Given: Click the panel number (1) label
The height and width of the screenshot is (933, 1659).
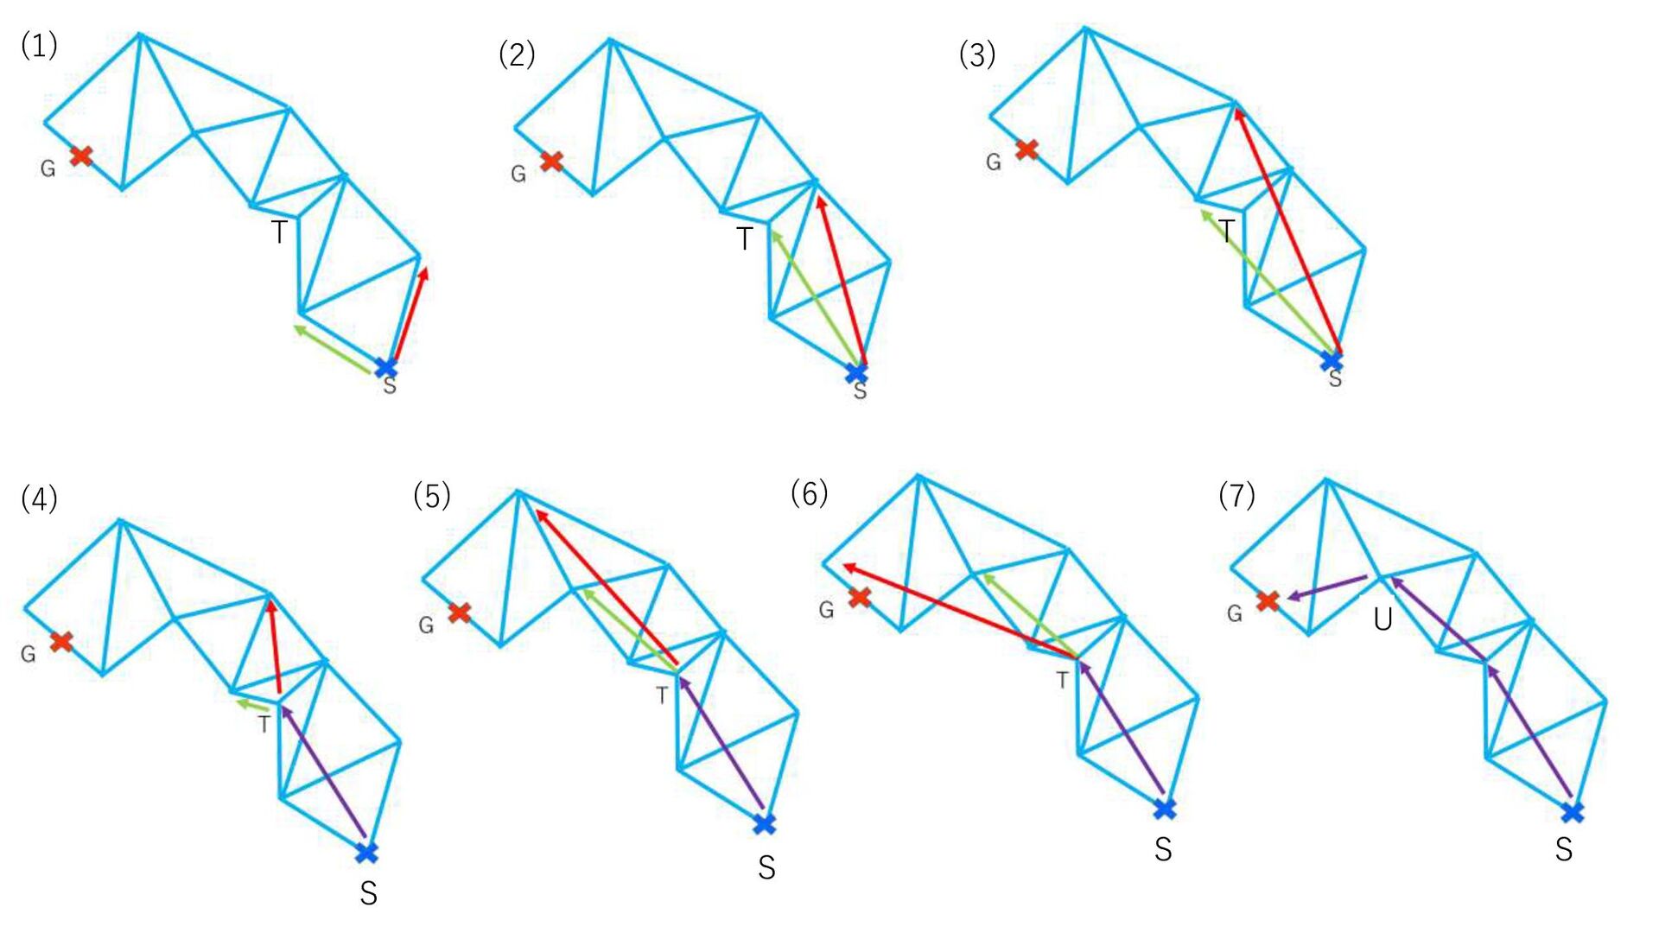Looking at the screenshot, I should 39,45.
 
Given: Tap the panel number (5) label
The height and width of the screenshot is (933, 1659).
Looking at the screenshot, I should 432,496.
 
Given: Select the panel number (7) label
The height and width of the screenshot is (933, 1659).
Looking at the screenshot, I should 1236,496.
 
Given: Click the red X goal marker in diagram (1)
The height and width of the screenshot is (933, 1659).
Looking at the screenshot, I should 81,156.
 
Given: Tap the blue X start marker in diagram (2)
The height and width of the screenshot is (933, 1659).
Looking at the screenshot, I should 856,372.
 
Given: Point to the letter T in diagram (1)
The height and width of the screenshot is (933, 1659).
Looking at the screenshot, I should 279,232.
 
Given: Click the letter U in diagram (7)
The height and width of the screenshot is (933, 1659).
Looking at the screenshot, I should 1382,619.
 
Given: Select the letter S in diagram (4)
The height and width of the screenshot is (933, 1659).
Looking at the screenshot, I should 369,893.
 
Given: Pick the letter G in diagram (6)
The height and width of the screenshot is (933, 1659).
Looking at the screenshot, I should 827,610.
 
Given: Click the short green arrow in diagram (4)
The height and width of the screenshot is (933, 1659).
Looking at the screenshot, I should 252,707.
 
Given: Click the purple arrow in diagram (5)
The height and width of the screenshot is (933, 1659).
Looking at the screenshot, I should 721,742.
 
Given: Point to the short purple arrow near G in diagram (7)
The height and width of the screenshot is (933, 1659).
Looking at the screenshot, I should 1326,587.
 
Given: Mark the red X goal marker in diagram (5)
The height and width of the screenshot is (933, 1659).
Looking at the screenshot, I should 460,612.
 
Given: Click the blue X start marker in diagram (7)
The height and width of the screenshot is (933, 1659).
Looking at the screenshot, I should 1573,812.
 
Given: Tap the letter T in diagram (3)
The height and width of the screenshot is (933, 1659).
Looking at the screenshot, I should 1226,232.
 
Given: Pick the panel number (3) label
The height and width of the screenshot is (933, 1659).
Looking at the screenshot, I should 977,55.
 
